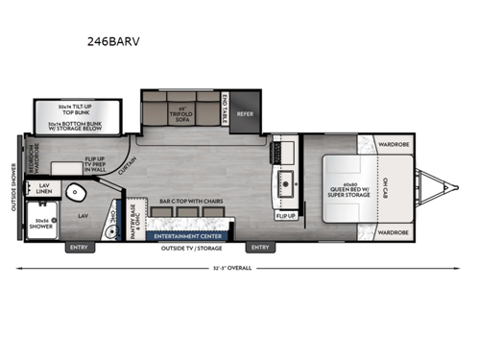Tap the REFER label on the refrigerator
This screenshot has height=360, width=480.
(x=245, y=112)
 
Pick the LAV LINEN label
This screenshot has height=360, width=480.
(x=44, y=191)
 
